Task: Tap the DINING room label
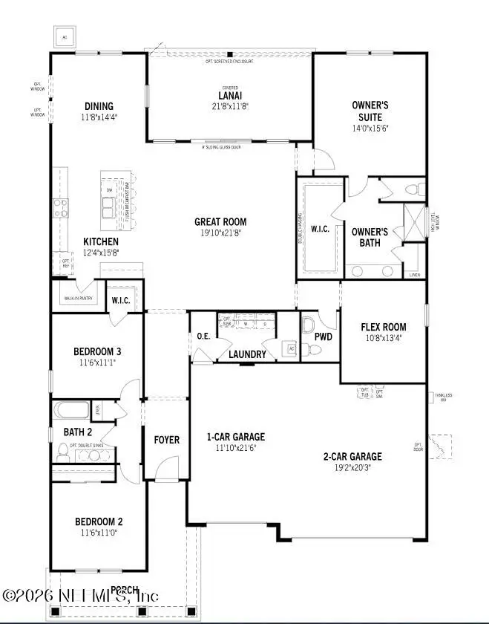98,105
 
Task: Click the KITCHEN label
100,242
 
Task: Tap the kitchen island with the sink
114,197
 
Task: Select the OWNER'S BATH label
370,237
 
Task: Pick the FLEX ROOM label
383,327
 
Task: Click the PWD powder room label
323,337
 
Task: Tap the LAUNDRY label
247,354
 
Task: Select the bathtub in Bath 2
70,409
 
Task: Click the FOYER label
166,440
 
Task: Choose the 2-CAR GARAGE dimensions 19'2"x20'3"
352,469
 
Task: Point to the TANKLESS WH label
443,397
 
